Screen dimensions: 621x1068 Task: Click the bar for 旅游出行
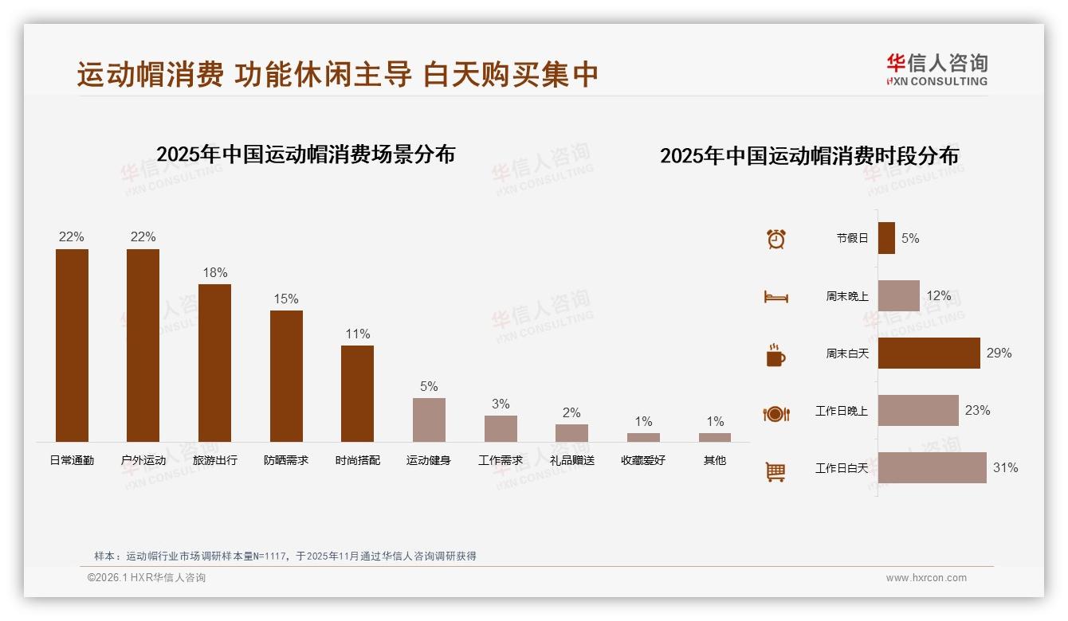[214, 363]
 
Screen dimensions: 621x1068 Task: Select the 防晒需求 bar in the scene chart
[286, 376]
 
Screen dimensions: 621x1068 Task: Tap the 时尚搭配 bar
[357, 393]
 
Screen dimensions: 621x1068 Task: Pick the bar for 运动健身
[429, 420]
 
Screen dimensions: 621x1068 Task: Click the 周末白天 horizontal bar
[929, 353]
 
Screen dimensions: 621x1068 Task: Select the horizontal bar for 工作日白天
[932, 467]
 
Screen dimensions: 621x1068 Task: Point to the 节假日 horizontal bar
[886, 238]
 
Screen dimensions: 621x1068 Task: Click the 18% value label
[214, 273]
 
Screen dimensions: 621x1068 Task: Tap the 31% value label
[1005, 468]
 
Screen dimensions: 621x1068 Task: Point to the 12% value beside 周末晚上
[938, 296]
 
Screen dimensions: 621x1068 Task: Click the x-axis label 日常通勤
[72, 460]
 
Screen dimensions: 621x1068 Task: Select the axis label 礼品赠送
[571, 460]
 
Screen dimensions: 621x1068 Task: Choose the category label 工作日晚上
[841, 411]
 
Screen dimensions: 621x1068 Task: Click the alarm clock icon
[775, 239]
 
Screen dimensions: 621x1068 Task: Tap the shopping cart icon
[775, 471]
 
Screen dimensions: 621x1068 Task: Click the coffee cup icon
[775, 355]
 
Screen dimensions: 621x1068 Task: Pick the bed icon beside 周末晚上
[775, 297]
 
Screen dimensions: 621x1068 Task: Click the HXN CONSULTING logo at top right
[936, 70]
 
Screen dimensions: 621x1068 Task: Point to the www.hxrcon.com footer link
[926, 578]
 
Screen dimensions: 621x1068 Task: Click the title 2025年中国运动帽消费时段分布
[809, 155]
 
